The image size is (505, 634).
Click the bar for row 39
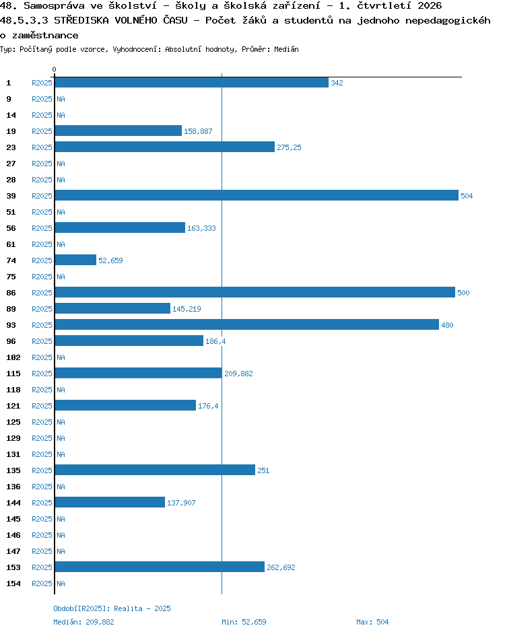tap(257, 195)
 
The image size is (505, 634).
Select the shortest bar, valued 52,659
tap(75, 260)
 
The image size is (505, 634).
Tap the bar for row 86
tap(255, 292)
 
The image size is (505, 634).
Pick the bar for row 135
tap(155, 470)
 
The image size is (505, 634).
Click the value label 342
tap(337, 83)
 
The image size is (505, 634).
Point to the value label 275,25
tap(289, 147)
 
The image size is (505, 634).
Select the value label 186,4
tap(215, 341)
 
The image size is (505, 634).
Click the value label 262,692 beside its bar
tap(281, 567)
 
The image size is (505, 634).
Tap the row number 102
tap(13, 357)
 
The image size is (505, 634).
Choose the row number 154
tap(13, 584)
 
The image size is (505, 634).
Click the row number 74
tap(11, 260)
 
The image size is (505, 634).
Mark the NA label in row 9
tap(61, 99)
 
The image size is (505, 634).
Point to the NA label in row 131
tap(61, 454)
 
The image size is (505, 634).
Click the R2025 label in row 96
tap(42, 341)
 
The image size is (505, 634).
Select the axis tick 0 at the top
tap(55, 69)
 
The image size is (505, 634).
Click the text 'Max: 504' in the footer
tap(372, 622)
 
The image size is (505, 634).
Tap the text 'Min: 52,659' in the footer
tap(244, 622)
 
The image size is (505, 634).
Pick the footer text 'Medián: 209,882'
tap(83, 622)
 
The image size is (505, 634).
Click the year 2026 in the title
tap(430, 5)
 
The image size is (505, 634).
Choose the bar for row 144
tap(110, 502)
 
